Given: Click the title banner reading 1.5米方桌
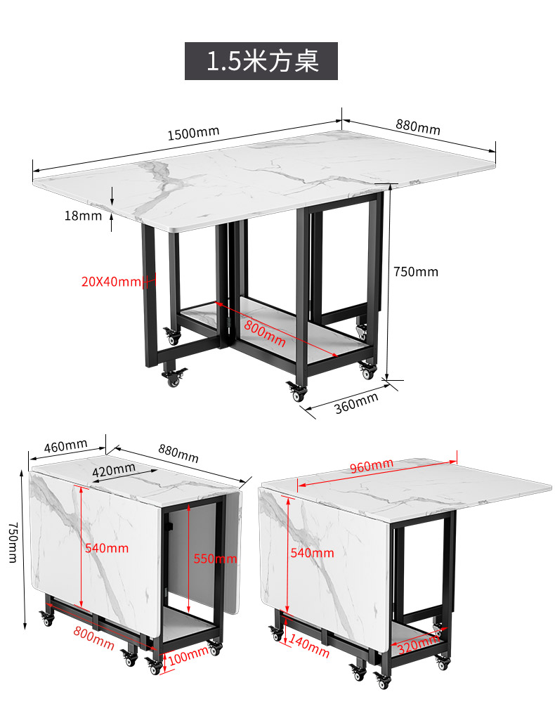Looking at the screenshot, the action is pyautogui.click(x=261, y=60).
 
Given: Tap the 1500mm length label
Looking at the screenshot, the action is pyautogui.click(x=194, y=133).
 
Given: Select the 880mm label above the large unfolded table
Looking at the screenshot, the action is pyautogui.click(x=418, y=126).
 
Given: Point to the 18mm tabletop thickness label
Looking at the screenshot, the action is pyautogui.click(x=83, y=216).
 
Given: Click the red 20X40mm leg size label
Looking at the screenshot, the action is pyautogui.click(x=112, y=282).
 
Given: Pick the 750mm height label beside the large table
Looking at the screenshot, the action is pyautogui.click(x=416, y=272).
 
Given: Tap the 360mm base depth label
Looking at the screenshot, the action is pyautogui.click(x=356, y=403).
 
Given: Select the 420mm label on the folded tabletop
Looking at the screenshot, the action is pyautogui.click(x=114, y=470).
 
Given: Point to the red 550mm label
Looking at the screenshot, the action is pyautogui.click(x=216, y=559).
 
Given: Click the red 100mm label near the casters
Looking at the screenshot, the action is pyautogui.click(x=188, y=655).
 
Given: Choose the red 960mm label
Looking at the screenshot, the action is pyautogui.click(x=372, y=465).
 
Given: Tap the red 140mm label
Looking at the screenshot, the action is pyautogui.click(x=309, y=646).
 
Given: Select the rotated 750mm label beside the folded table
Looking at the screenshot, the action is pyautogui.click(x=13, y=542).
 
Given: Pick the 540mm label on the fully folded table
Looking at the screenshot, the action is pyautogui.click(x=107, y=548).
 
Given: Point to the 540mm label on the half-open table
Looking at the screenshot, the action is pyautogui.click(x=313, y=553).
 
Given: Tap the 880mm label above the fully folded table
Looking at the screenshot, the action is pyautogui.click(x=178, y=453).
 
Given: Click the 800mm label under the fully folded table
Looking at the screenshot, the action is pyautogui.click(x=94, y=637).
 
